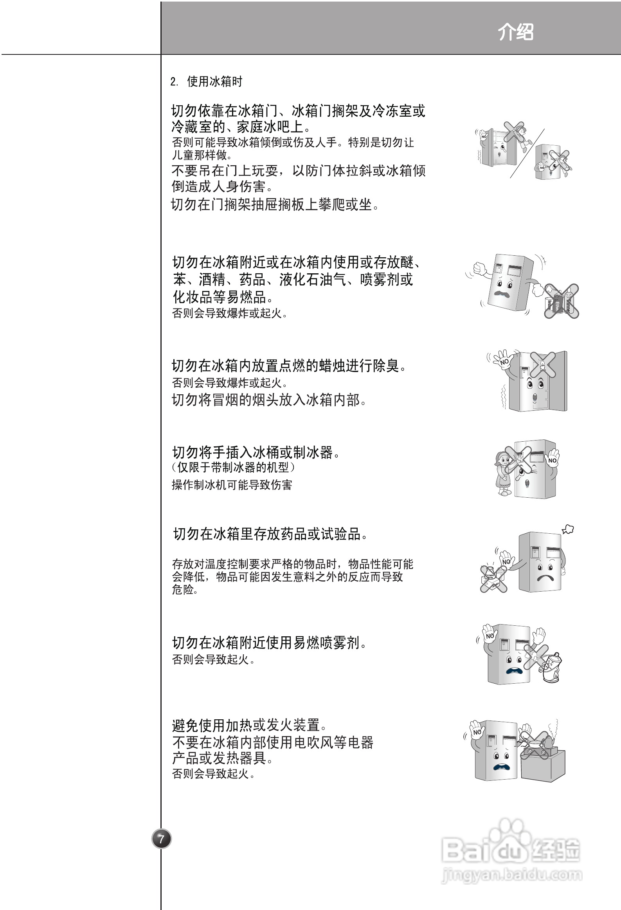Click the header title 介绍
[516, 31]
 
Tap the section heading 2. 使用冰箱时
[206, 81]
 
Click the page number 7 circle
[161, 839]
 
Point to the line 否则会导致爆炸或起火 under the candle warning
[230, 382]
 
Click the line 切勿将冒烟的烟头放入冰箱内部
[269, 400]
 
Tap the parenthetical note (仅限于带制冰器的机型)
[233, 467]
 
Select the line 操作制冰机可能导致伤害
[232, 485]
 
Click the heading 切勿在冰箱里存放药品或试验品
[270, 534]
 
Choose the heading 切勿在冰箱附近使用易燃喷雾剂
[269, 643]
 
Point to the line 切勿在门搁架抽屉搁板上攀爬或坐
[275, 204]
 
